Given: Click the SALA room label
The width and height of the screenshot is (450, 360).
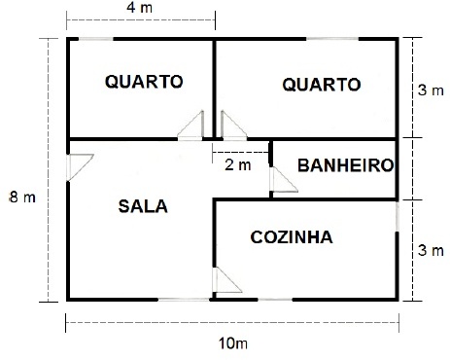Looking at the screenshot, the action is click(143, 206).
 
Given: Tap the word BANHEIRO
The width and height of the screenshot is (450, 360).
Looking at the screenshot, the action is click(346, 165).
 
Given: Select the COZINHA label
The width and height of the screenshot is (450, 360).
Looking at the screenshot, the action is click(292, 237).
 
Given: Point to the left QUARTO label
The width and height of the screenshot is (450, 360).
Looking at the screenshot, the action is click(144, 82).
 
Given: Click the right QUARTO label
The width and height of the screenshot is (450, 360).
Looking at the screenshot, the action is click(322, 85).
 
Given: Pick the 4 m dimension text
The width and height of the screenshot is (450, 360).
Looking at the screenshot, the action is click(139, 8).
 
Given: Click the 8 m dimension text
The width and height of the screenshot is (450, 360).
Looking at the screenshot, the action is click(22, 197).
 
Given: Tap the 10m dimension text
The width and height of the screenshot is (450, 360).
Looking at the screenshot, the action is click(233, 343).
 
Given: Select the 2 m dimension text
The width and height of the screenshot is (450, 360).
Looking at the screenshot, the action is click(238, 165).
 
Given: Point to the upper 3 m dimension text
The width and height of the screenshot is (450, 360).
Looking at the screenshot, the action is click(431, 90).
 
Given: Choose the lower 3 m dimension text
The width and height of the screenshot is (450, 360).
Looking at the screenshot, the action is click(431, 251).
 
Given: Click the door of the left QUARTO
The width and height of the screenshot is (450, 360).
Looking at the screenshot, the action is click(190, 126).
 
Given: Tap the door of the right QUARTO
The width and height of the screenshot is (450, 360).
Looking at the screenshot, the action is click(234, 126).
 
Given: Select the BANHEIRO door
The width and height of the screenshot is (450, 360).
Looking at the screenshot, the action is click(284, 180).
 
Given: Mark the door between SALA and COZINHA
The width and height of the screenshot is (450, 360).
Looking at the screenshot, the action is click(227, 280).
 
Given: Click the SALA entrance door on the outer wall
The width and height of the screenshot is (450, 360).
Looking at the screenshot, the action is click(80, 167).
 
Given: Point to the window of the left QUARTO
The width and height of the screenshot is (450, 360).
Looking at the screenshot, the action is click(96, 39).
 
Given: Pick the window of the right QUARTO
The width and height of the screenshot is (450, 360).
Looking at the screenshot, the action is click(332, 39).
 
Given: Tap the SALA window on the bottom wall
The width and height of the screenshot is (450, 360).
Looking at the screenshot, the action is click(184, 300).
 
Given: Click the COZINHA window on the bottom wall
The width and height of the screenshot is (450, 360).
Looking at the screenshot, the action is click(275, 300).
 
